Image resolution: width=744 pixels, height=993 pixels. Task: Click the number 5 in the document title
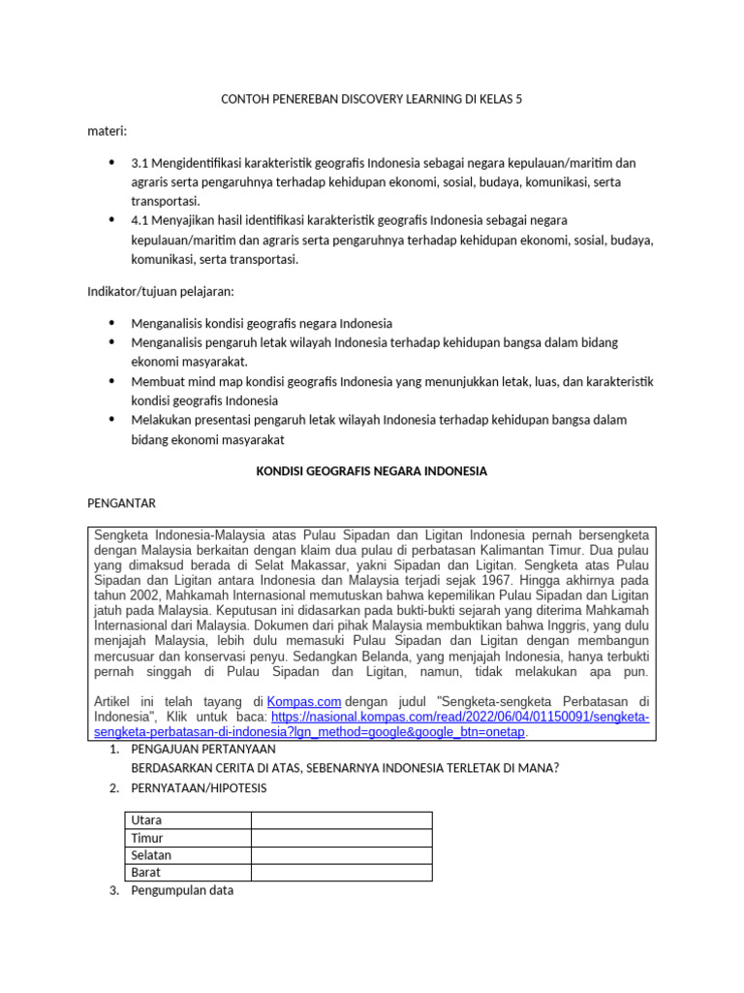pyautogui.click(x=518, y=99)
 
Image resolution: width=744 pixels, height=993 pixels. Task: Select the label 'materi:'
pyautogui.click(x=108, y=130)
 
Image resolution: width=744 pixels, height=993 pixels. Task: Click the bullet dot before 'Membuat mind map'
pyautogui.click(x=112, y=381)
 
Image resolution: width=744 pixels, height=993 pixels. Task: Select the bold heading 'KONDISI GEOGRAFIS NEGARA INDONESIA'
pyautogui.click(x=371, y=471)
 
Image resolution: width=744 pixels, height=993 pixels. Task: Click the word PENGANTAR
pyautogui.click(x=121, y=503)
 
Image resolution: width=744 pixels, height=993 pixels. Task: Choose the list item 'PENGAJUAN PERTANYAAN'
pyautogui.click(x=203, y=750)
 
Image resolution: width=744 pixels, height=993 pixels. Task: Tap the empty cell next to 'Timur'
pyautogui.click(x=341, y=838)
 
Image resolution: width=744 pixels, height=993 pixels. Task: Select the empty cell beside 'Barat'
pyautogui.click(x=341, y=873)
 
